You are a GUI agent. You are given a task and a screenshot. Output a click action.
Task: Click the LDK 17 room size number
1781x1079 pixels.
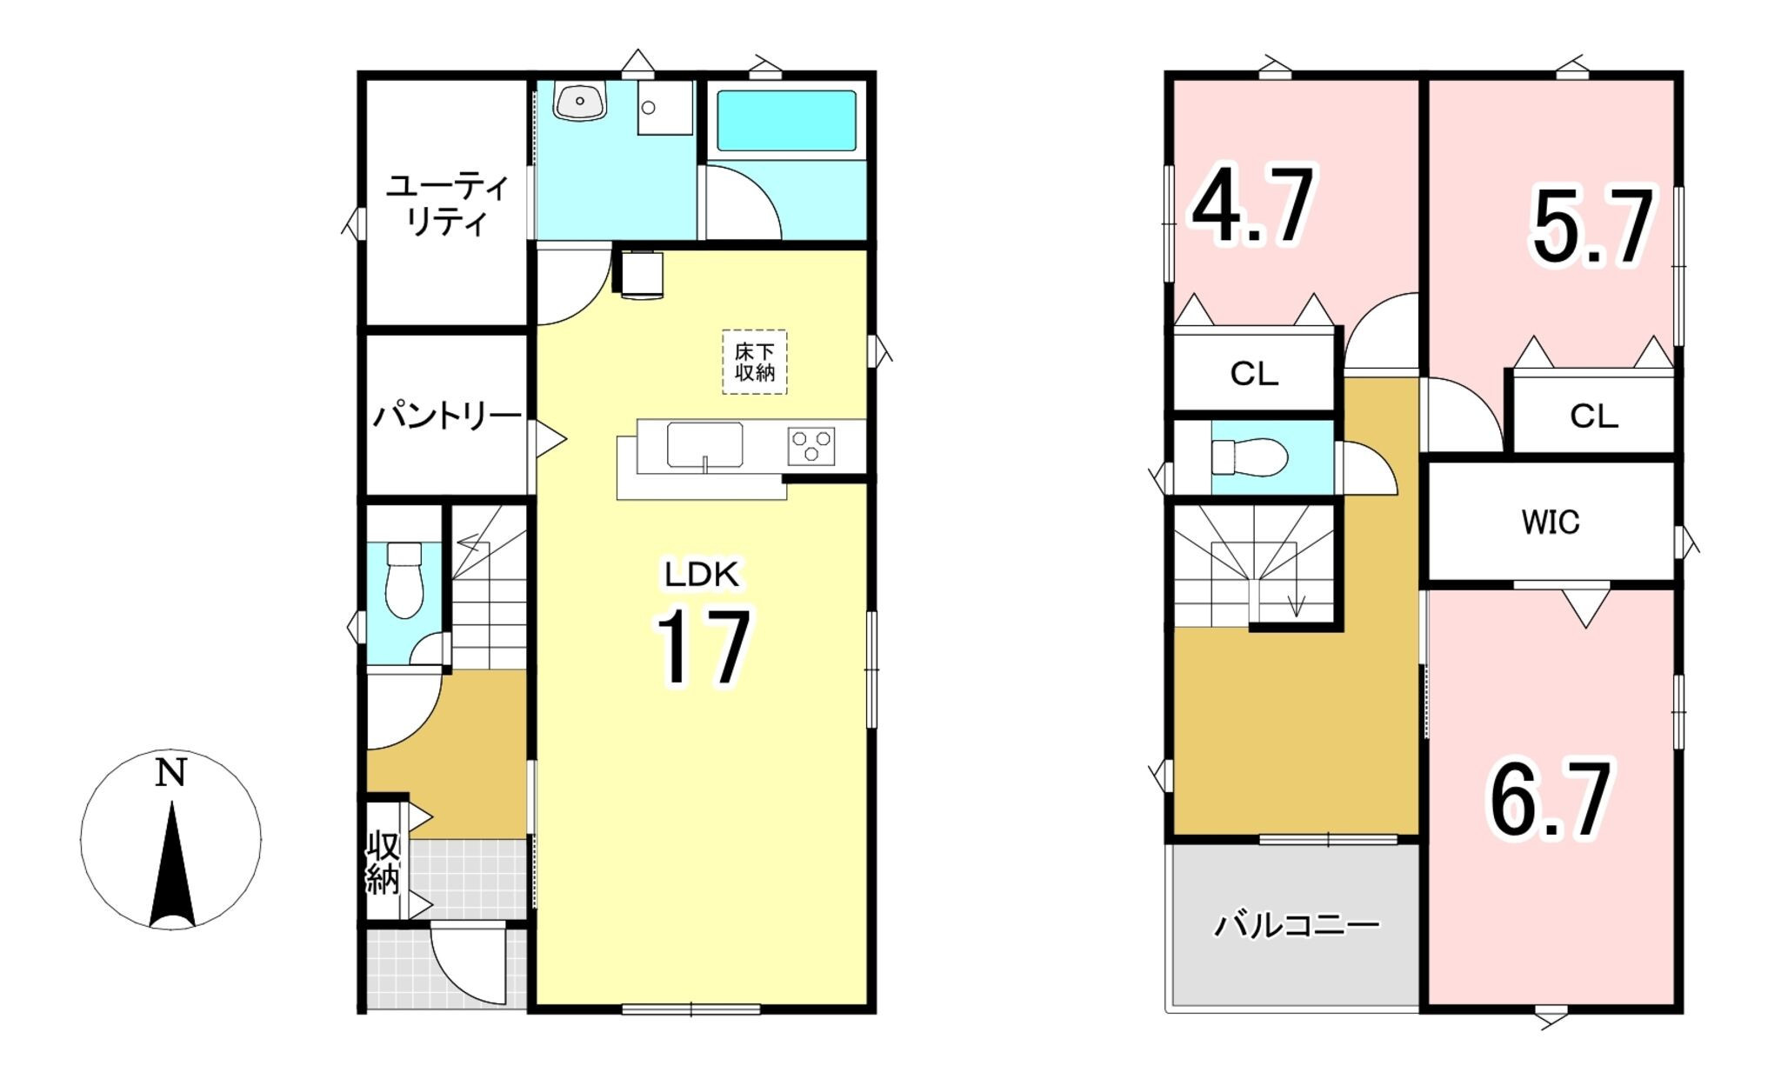click(x=703, y=648)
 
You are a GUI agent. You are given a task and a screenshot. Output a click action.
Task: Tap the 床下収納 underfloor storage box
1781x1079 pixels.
click(x=755, y=362)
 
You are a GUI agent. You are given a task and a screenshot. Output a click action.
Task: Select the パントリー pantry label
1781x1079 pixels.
click(x=447, y=416)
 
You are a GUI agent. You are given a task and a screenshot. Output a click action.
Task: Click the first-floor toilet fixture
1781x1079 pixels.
click(x=404, y=580)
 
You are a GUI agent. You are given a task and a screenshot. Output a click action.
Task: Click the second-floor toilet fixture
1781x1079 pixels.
click(x=1249, y=457)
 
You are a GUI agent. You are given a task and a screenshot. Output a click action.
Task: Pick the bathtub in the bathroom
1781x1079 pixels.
click(x=786, y=121)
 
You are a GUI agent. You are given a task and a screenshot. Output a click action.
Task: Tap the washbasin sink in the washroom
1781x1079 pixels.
click(x=578, y=103)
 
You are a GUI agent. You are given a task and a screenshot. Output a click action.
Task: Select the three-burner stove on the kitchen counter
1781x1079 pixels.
click(x=811, y=446)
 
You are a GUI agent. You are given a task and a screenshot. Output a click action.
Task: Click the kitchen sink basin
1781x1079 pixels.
click(x=704, y=445)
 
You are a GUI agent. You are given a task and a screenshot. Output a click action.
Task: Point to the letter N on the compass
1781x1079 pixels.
click(x=170, y=773)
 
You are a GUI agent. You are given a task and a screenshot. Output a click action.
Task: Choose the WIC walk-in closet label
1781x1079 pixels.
click(x=1551, y=523)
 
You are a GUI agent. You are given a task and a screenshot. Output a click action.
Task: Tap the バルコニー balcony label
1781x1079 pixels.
click(x=1297, y=924)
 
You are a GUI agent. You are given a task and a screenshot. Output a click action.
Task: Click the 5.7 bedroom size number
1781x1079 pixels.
click(x=1591, y=228)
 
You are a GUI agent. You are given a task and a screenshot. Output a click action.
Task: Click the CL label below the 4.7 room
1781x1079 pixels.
click(x=1254, y=375)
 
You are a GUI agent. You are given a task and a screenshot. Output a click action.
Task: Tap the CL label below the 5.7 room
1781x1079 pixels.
click(x=1594, y=417)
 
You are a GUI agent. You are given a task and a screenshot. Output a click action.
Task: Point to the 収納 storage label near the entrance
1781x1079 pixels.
click(x=384, y=863)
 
